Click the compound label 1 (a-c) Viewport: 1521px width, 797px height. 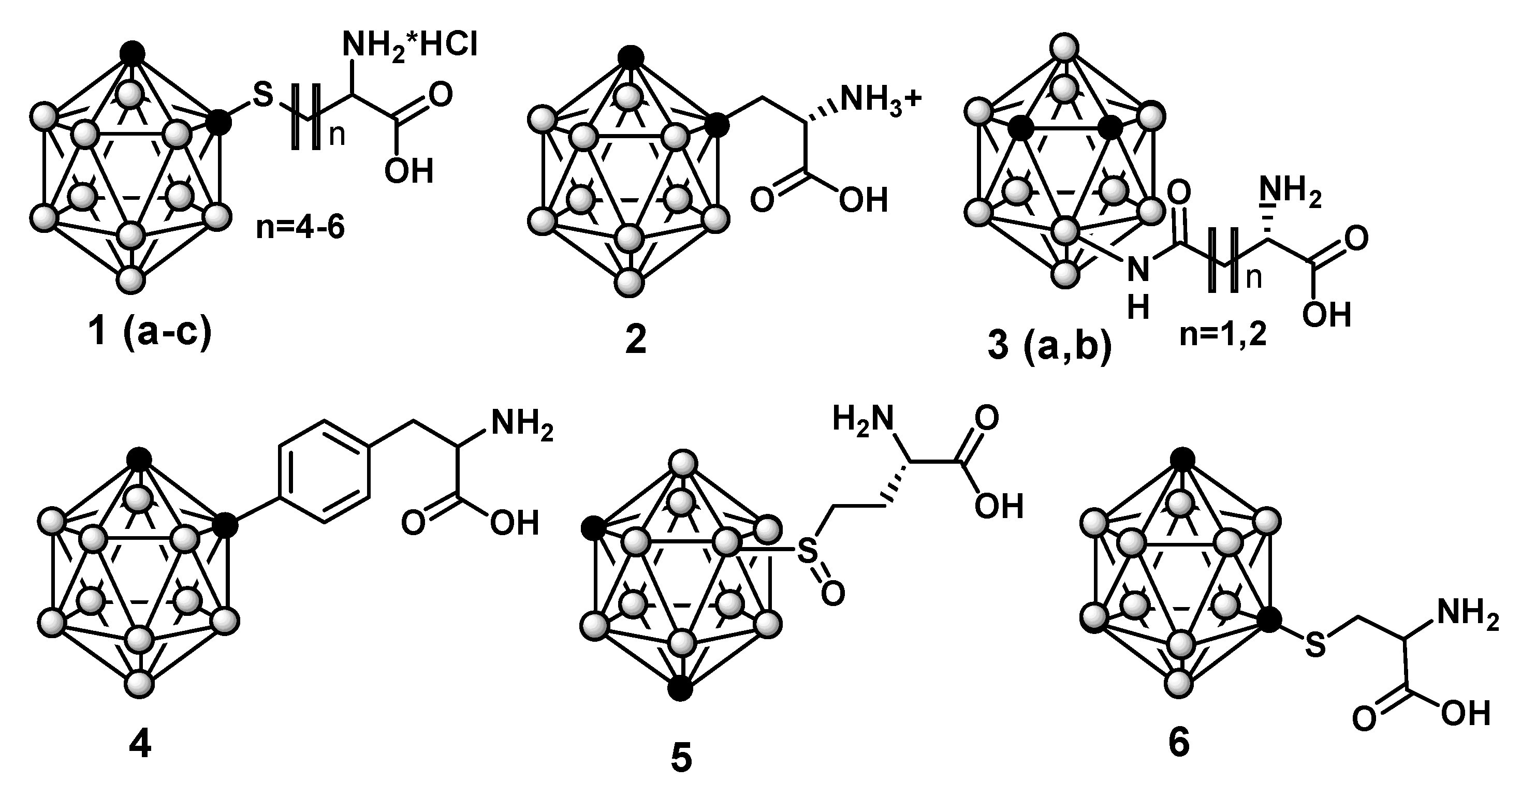(x=153, y=332)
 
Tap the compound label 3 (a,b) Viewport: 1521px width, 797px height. (x=1049, y=346)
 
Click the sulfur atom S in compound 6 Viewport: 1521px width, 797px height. (x=1314, y=645)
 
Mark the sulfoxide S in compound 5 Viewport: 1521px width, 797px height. (x=807, y=553)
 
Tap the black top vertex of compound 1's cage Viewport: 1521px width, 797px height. (x=132, y=52)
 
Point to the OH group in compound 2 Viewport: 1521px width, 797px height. (x=863, y=201)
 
